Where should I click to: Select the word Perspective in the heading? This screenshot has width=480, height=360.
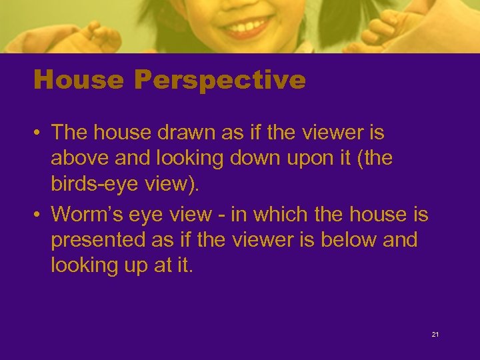click(219, 81)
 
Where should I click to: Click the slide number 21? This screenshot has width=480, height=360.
click(435, 334)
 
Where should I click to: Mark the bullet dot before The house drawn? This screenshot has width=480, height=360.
click(39, 133)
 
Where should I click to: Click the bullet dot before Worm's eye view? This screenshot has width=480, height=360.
click(39, 215)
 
